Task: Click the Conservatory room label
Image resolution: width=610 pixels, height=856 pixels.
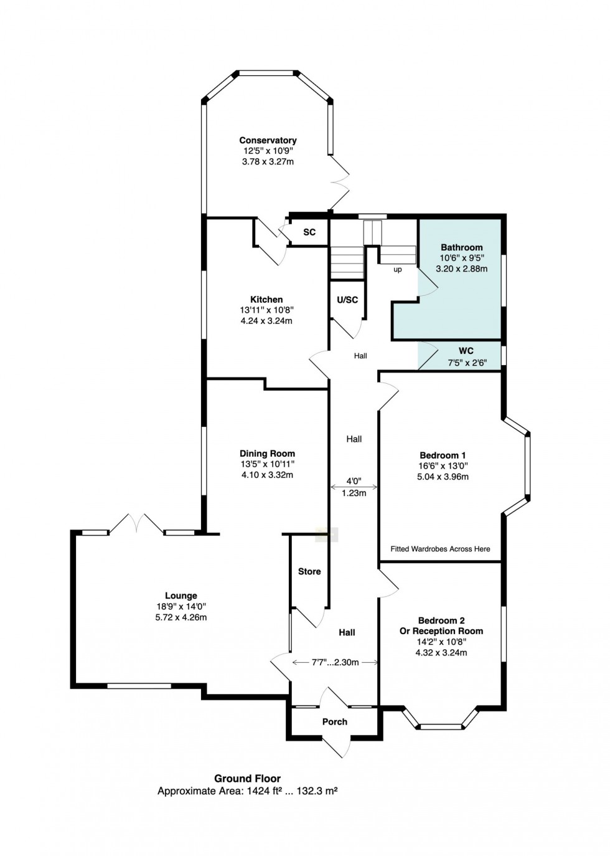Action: click(268, 140)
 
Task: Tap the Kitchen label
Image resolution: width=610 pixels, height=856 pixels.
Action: click(266, 299)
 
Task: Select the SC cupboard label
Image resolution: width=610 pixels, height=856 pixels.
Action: click(309, 232)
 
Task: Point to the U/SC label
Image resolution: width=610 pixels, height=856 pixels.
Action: click(347, 300)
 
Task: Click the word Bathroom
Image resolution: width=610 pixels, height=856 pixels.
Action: click(461, 247)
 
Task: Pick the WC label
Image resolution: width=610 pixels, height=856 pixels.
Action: click(466, 351)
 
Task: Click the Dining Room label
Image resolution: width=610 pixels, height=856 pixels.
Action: click(267, 454)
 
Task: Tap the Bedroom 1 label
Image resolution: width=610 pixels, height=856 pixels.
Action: click(443, 455)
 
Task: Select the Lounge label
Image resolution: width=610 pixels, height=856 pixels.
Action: click(181, 596)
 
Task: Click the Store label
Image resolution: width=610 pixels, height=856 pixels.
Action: click(309, 571)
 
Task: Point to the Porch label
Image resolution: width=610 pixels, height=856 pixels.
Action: click(335, 721)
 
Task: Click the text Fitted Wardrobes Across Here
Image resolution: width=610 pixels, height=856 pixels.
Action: click(440, 549)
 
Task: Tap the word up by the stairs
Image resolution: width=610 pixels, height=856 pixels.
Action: click(397, 270)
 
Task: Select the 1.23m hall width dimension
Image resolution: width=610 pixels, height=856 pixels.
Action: click(354, 493)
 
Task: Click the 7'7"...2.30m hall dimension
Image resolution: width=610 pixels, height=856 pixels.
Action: click(335, 662)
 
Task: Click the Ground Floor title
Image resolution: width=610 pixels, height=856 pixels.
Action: click(247, 778)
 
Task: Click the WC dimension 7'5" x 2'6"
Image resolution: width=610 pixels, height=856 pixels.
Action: click(467, 362)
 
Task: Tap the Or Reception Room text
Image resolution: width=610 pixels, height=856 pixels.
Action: click(441, 631)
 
